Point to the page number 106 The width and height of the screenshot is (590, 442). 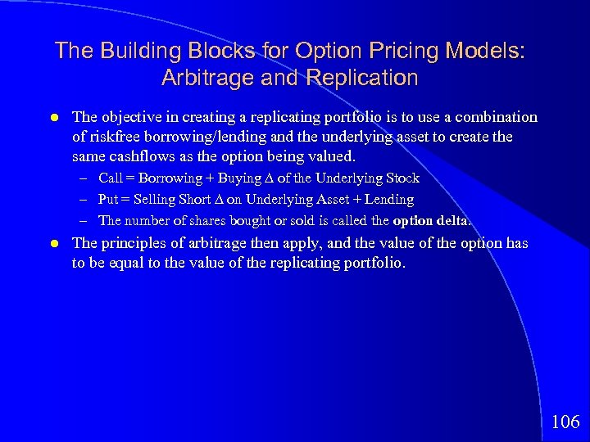tap(565, 422)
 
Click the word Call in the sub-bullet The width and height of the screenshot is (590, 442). tap(111, 178)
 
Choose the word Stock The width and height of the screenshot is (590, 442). tap(402, 178)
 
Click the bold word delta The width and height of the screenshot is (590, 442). tap(454, 221)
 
